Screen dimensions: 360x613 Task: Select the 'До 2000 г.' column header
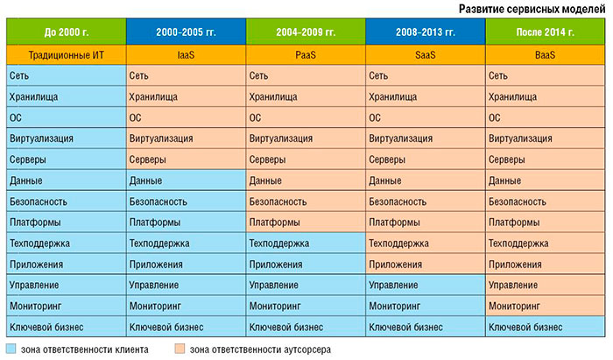(65, 33)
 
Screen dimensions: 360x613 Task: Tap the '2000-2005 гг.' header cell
(185, 33)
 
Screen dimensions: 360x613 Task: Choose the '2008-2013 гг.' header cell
(425, 33)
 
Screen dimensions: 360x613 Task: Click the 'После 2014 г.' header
(546, 33)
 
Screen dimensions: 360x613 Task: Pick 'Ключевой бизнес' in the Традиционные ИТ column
(45, 327)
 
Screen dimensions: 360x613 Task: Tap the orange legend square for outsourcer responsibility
(179, 349)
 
